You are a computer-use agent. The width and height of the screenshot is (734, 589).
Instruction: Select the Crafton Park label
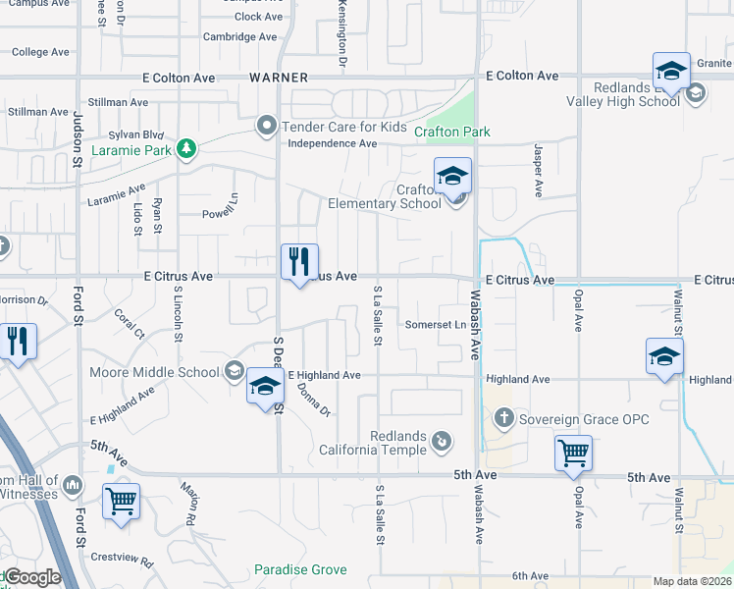[451, 132]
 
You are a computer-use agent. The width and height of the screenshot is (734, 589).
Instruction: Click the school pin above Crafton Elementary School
[452, 177]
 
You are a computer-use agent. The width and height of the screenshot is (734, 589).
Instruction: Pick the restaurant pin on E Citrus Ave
[299, 262]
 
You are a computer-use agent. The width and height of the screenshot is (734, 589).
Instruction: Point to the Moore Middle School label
[154, 372]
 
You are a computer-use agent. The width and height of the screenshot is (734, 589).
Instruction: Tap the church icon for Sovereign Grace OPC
[503, 419]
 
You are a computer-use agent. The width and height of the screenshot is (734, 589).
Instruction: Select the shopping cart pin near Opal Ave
[573, 454]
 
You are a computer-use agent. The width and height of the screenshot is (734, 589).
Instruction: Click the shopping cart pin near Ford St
[122, 501]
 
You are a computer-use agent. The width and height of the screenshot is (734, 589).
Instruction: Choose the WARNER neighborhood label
[279, 77]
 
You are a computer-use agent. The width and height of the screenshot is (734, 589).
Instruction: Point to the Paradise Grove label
[300, 569]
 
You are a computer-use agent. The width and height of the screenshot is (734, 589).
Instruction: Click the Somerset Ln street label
[434, 325]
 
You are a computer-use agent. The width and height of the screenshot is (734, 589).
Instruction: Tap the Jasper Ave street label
[539, 169]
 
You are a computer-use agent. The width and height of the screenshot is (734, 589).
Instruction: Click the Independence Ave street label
[332, 143]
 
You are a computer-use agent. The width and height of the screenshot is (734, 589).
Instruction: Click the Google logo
[31, 578]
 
